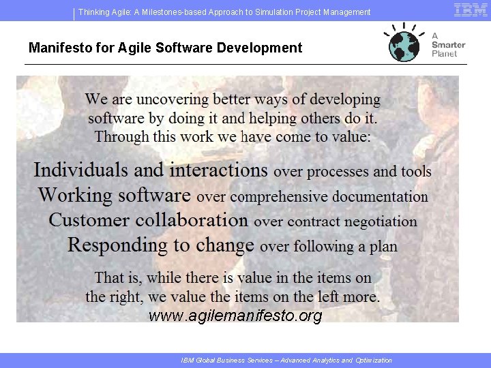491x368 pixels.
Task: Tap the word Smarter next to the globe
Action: [448, 44]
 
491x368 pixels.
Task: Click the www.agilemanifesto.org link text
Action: [235, 316]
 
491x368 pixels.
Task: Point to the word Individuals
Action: [81, 170]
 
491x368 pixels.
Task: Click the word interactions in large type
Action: [219, 170]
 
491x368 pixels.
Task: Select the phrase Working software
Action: [115, 196]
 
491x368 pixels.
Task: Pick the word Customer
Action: [89, 220]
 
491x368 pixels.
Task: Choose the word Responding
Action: [115, 245]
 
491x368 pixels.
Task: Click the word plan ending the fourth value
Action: [383, 247]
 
